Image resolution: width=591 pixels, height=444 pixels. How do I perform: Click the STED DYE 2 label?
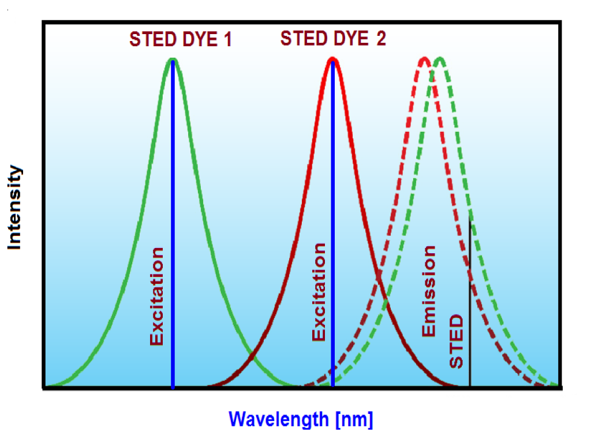[x=333, y=39]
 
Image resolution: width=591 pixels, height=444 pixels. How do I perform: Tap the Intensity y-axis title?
[x=15, y=208]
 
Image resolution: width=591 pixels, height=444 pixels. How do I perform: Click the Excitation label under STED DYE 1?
[x=157, y=296]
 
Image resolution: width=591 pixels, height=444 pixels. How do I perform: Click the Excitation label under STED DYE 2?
[x=319, y=292]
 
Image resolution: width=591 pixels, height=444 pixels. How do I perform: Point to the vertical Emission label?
[x=429, y=291]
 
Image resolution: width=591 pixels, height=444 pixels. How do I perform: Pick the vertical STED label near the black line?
[x=456, y=341]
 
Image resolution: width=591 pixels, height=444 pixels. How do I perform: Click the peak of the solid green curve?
[x=172, y=60]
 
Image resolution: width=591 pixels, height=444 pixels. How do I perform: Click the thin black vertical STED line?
[x=470, y=301]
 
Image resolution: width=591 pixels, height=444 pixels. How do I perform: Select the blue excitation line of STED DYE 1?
[x=173, y=231]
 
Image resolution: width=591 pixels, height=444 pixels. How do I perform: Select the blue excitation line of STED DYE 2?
[x=332, y=231]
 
